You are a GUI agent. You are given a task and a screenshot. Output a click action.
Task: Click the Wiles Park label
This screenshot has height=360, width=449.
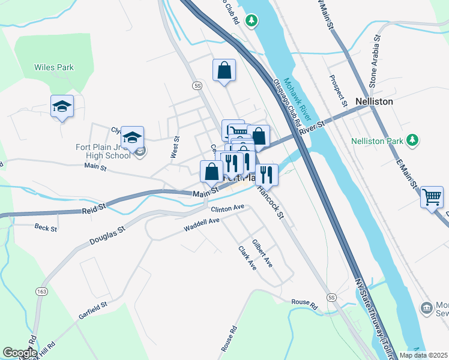click(54, 67)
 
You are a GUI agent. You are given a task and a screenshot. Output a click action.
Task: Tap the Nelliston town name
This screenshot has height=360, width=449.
click(373, 101)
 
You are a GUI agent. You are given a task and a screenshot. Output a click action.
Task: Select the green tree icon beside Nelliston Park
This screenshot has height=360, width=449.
click(412, 141)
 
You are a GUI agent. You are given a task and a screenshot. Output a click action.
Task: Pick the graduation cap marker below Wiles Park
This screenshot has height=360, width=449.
click(62, 106)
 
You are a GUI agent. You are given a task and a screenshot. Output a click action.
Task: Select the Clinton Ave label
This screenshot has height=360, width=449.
click(228, 208)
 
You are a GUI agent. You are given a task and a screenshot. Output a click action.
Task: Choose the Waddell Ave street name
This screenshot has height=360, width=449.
click(202, 225)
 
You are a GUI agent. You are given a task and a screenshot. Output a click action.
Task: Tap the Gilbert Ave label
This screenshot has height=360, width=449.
click(262, 254)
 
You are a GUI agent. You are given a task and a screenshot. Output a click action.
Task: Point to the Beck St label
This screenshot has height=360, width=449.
click(46, 229)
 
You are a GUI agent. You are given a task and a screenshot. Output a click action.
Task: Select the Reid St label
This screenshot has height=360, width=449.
click(93, 208)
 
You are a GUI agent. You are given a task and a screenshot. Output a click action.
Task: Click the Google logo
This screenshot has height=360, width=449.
click(20, 353)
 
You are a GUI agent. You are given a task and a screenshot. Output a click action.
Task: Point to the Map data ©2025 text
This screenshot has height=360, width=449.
click(424, 355)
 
